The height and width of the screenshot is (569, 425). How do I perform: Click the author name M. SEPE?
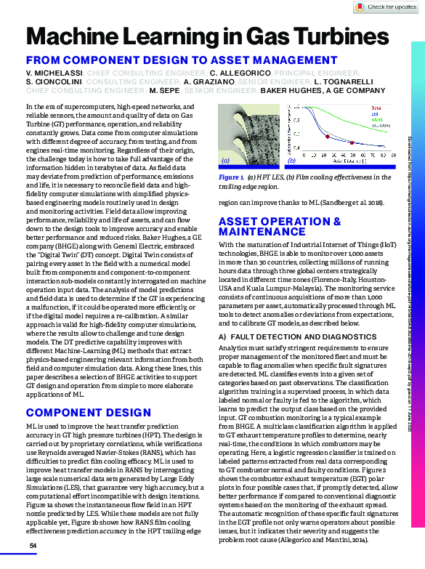coord(164,92)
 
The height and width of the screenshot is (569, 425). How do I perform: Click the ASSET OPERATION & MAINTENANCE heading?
coord(280,226)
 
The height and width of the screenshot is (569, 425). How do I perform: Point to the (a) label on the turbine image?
coord(225,161)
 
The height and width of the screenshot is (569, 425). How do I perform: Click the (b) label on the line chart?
coord(291,161)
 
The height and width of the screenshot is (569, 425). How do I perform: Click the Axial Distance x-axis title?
coord(341,167)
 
